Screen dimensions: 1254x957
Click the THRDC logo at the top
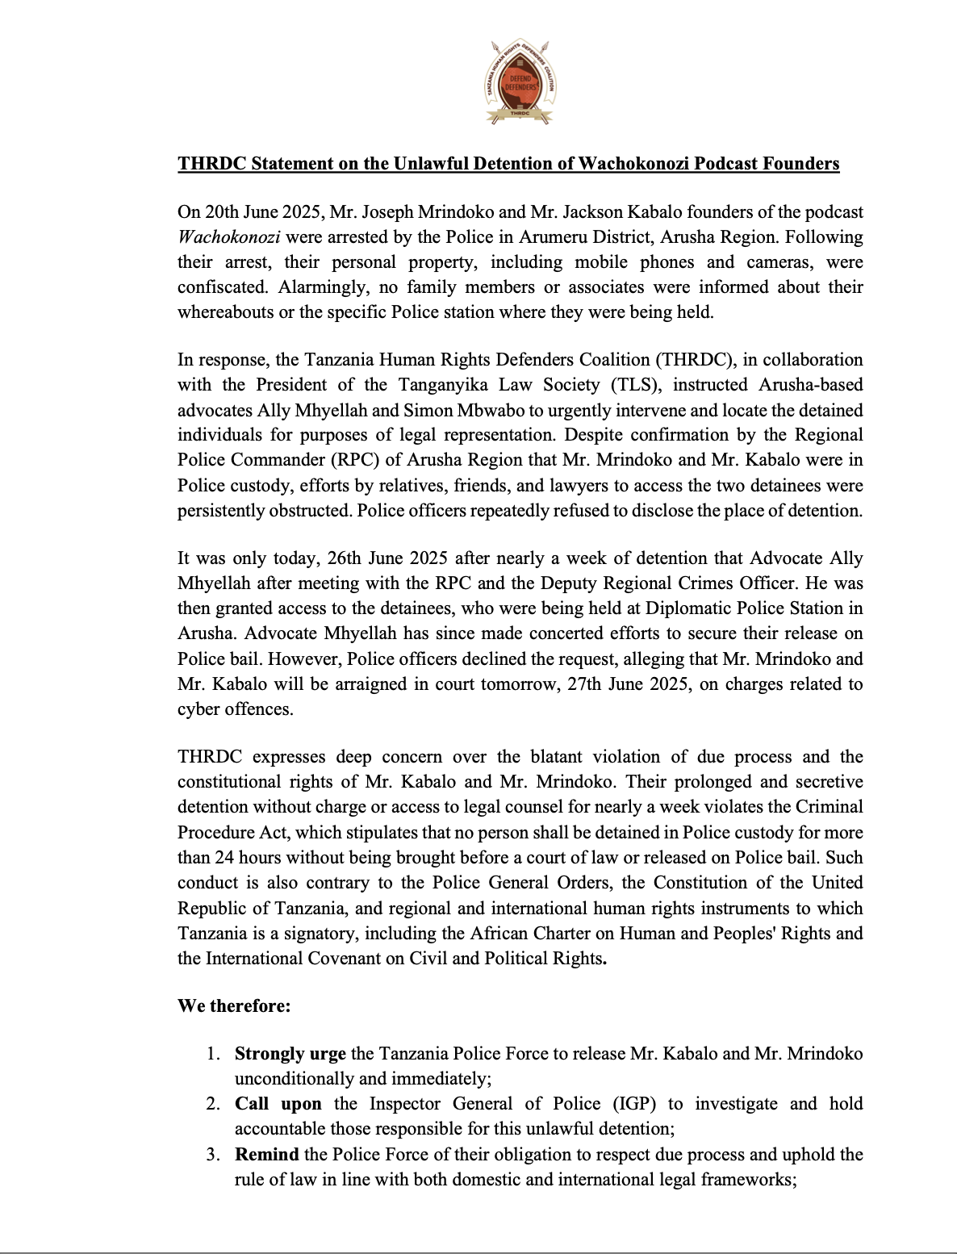coord(519,82)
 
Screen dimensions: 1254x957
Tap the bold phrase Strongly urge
coord(290,1054)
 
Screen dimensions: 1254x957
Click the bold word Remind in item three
coord(267,1154)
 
